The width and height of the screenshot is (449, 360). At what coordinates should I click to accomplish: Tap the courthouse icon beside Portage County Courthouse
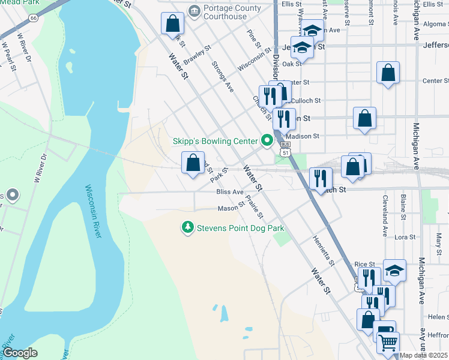click(x=194, y=11)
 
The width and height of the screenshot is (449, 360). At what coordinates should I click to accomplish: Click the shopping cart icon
click(x=388, y=343)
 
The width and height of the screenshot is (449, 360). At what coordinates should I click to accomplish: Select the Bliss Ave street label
click(x=230, y=192)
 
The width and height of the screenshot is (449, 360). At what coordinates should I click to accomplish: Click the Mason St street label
click(x=231, y=209)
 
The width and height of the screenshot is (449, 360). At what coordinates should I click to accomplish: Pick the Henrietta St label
click(x=322, y=250)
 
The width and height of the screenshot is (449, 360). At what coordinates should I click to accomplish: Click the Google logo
click(x=20, y=352)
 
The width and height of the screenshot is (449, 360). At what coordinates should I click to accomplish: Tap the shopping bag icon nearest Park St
click(x=193, y=163)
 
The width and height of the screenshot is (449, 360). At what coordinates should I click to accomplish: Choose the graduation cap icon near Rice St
click(x=394, y=271)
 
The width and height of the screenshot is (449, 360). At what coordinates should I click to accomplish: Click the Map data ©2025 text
click(x=423, y=355)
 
